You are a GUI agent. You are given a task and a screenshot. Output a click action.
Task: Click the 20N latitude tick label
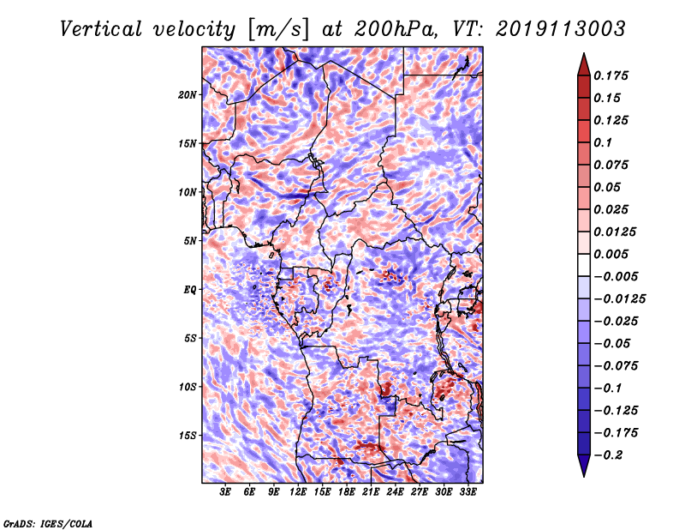[x=188, y=94]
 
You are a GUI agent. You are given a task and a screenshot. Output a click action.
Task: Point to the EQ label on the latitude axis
[x=190, y=290]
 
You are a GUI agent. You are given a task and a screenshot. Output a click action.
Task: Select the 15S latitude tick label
[x=188, y=436]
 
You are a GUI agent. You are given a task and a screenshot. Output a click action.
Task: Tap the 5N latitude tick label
[x=190, y=241]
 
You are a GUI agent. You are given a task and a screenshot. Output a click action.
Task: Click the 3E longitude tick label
[x=226, y=493]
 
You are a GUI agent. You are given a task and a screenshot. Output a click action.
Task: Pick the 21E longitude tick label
[x=371, y=493]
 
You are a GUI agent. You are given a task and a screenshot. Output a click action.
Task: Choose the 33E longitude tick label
[x=468, y=493]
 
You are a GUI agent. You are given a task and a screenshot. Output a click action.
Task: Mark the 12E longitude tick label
[x=298, y=493]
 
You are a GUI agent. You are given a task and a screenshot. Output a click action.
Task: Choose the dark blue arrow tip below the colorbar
[x=583, y=469]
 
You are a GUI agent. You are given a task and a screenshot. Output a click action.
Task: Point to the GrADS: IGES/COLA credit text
[x=48, y=522]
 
